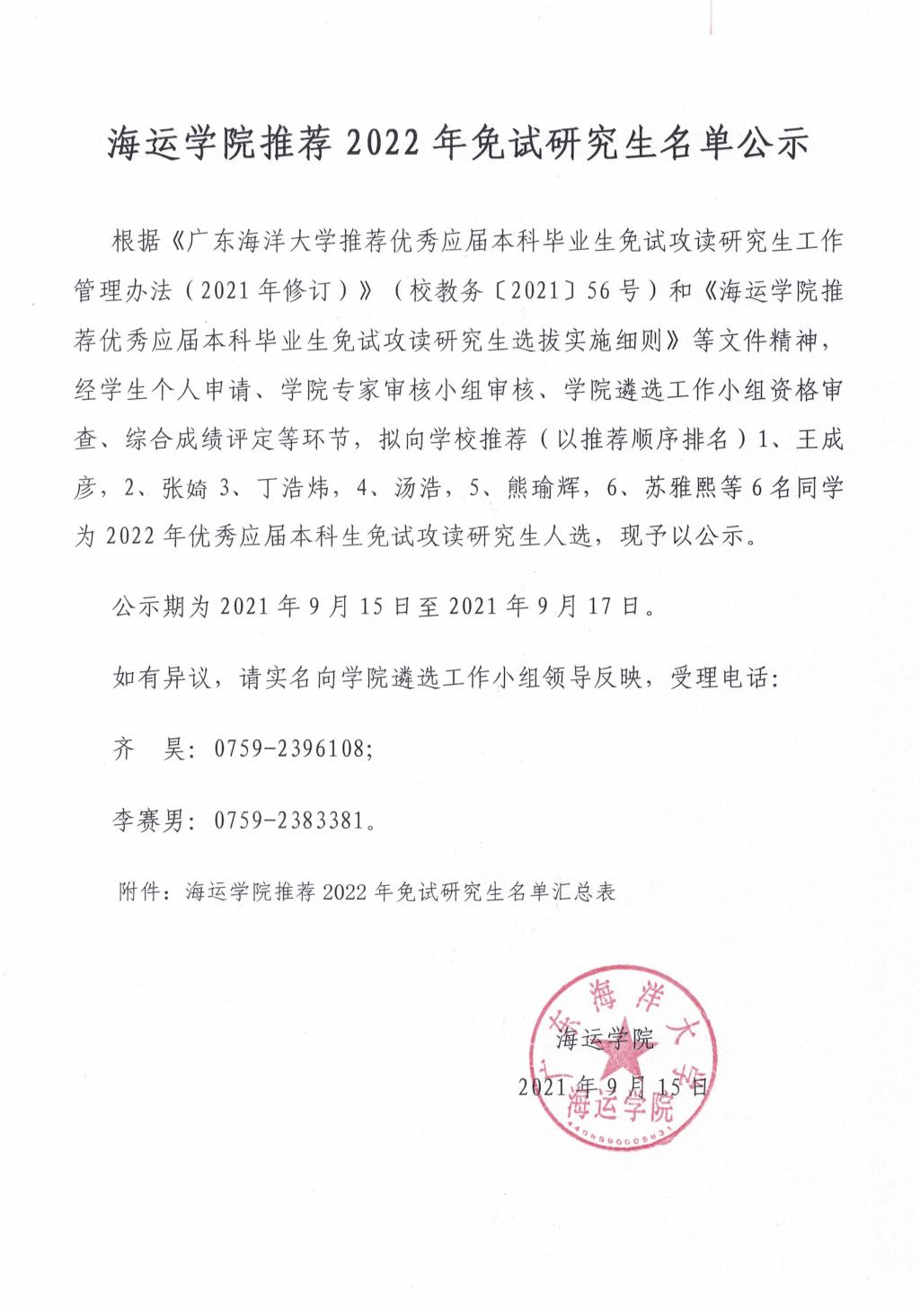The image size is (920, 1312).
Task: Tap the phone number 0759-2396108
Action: (291, 748)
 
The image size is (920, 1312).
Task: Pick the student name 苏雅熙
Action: (681, 488)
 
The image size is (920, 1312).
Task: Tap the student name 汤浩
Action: (419, 488)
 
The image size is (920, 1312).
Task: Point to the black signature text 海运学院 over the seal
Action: (605, 1040)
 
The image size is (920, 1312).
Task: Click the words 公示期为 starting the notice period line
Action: (161, 607)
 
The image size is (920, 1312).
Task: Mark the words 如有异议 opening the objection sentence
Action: (161, 678)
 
